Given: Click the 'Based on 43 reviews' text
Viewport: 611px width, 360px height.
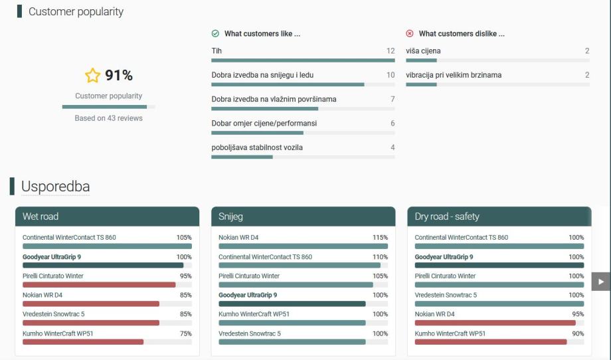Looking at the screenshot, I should coord(108,118).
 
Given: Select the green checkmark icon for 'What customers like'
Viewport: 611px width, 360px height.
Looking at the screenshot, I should coord(215,34).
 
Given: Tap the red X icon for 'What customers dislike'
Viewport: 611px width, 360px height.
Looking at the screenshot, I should coord(410,34).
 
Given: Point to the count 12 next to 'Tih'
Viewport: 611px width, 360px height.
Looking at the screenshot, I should coord(390,51).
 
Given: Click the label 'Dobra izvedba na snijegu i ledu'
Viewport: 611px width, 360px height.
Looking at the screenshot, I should coord(262,75).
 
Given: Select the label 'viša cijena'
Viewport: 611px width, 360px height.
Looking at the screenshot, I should coord(423,51).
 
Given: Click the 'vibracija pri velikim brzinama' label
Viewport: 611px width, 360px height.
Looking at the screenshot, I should coord(454,75).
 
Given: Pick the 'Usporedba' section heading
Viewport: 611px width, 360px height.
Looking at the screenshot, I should coord(55,187).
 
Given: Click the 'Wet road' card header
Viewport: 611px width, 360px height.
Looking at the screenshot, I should coord(107,217).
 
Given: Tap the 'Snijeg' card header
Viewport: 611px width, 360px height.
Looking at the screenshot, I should coord(303,217).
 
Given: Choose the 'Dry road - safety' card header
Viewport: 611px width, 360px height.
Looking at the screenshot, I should coord(499,217).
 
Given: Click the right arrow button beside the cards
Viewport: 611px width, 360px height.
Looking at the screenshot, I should coord(600,281).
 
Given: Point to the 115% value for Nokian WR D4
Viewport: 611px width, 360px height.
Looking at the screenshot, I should coord(380,237).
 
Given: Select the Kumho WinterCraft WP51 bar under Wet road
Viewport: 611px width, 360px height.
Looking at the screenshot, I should coord(83,342).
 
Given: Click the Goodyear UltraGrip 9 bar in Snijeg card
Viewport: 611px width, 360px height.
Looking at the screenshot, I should coord(292,304).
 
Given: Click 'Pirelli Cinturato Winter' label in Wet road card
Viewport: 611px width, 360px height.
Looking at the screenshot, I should coord(53,276).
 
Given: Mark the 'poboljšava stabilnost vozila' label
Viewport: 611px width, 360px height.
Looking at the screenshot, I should coord(256,147).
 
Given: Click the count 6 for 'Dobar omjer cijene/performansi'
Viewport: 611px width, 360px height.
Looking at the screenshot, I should coord(392,124).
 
